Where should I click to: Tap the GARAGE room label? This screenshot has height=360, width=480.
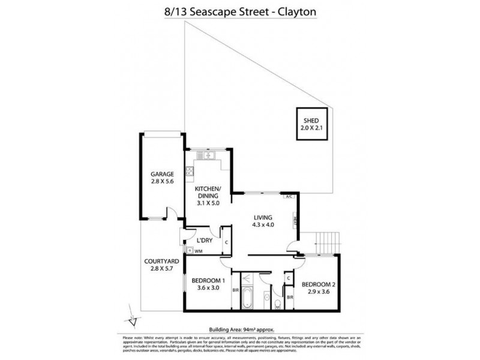point(162,175)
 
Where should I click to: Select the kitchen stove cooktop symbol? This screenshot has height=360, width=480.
point(190,172)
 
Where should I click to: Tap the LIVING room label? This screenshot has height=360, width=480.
point(263,217)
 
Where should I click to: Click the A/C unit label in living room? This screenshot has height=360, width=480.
point(289,196)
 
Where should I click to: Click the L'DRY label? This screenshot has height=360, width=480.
point(202,241)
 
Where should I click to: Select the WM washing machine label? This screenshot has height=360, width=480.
point(198,251)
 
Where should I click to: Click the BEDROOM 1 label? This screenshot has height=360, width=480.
point(208,280)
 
